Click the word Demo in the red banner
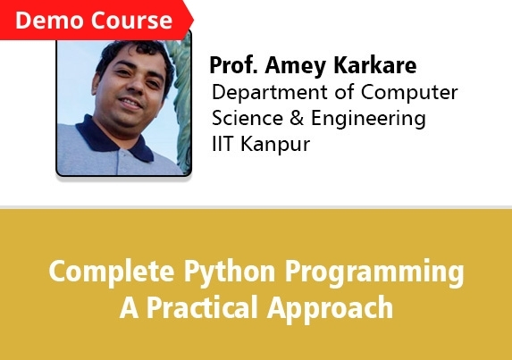click(x=49, y=21)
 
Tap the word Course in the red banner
click(x=131, y=21)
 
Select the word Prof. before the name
click(x=233, y=65)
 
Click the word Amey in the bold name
click(x=295, y=67)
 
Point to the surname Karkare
click(x=375, y=65)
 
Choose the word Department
click(x=270, y=93)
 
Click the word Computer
click(x=409, y=93)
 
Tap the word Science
click(x=248, y=118)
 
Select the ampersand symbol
click(x=297, y=118)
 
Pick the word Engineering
click(x=368, y=119)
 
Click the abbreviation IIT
click(x=223, y=144)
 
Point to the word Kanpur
click(x=275, y=145)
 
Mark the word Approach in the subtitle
click(x=330, y=309)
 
